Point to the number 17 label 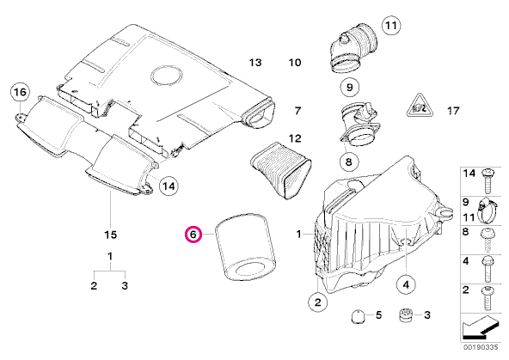click(454, 111)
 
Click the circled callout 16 click(20, 92)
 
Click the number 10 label click(295, 64)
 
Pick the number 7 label click(297, 111)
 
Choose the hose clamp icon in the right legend click(488, 206)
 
